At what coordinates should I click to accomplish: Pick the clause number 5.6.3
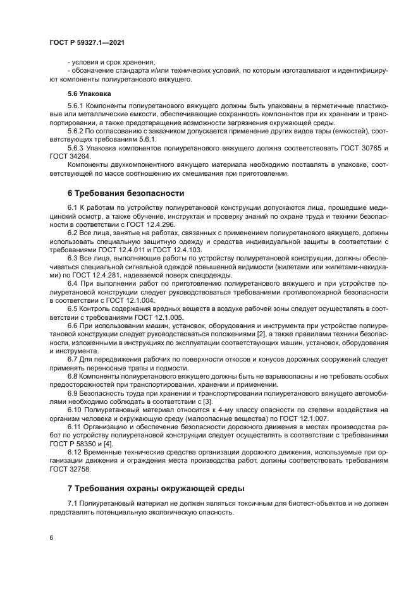coord(77,147)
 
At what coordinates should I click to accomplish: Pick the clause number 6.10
coord(75,410)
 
